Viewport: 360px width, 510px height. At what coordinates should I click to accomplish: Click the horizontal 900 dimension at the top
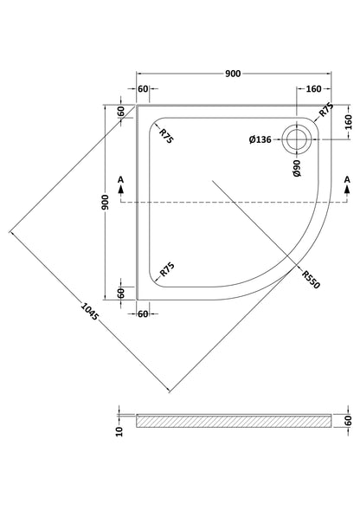[233, 74]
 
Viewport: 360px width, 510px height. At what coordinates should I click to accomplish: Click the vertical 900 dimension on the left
[106, 202]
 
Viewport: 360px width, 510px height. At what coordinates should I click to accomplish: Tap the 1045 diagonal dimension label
[89, 312]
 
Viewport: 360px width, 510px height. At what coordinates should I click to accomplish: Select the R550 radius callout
[311, 280]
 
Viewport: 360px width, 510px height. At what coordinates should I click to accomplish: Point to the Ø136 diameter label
[260, 139]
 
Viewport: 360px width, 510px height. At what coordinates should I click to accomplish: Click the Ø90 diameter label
[297, 168]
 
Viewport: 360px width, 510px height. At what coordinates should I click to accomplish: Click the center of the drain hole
[297, 139]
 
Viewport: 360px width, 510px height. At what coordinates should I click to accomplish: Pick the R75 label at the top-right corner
[326, 110]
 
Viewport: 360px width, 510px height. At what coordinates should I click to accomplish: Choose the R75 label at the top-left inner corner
[167, 136]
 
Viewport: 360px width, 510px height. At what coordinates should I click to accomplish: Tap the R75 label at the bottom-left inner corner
[167, 269]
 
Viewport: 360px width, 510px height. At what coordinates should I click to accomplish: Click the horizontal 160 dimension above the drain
[313, 89]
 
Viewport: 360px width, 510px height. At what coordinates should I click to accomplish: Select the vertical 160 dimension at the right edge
[348, 122]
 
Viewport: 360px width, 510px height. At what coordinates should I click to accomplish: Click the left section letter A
[120, 179]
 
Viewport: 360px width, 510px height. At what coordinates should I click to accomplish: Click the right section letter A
[347, 179]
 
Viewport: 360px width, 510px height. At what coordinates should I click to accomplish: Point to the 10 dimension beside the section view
[119, 431]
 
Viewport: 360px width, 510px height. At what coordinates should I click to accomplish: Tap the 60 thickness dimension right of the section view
[348, 421]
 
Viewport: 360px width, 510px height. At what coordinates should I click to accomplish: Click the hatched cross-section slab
[234, 421]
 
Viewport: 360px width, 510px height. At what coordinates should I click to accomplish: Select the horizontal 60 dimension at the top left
[143, 89]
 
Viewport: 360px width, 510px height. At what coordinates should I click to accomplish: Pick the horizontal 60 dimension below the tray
[143, 313]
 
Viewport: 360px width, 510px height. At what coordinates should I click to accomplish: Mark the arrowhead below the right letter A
[347, 189]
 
